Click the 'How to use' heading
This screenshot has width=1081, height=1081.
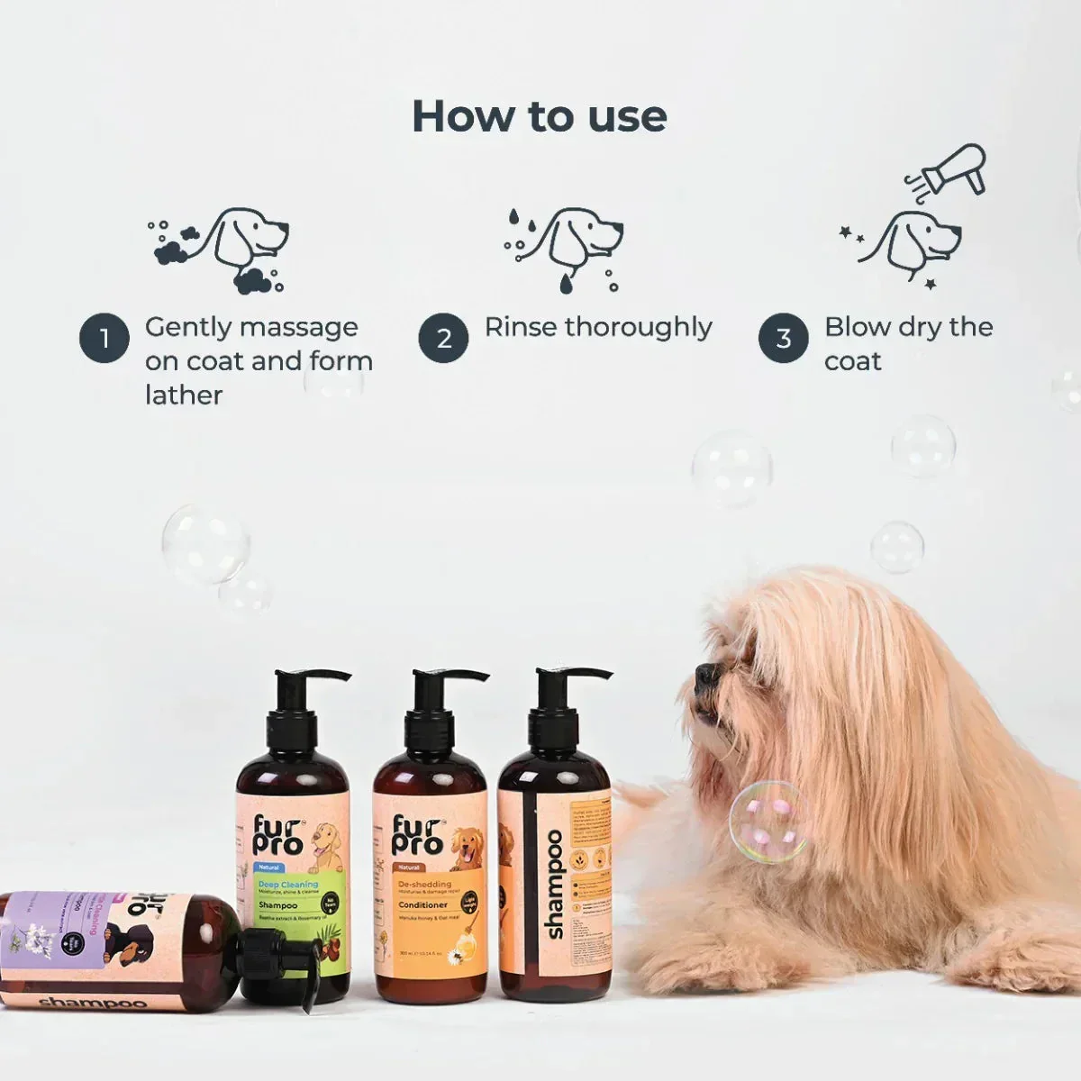[x=539, y=117]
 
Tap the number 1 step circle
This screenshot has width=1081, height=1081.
[x=104, y=339]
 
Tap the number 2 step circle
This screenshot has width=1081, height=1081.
[x=443, y=339]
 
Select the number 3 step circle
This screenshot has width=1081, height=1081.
[x=783, y=339]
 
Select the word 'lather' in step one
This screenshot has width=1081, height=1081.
[x=184, y=395]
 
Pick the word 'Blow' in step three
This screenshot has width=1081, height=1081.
[x=853, y=327]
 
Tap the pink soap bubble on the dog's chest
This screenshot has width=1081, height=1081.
[x=768, y=822]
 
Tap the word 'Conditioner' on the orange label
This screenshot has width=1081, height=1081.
[x=423, y=904]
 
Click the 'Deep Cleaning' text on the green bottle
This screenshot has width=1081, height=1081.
[x=288, y=885]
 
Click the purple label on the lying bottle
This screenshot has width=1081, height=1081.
[x=54, y=937]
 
